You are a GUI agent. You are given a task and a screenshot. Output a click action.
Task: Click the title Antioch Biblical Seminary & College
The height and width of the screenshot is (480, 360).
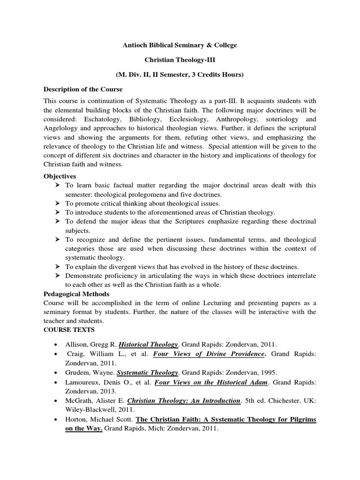180,45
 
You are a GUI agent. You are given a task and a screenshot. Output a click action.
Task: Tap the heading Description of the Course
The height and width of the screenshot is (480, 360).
83,89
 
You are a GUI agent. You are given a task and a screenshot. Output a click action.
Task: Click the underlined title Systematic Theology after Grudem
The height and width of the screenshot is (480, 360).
147,373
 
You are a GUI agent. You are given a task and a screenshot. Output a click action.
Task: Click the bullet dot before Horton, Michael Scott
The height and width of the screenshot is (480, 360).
56,420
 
